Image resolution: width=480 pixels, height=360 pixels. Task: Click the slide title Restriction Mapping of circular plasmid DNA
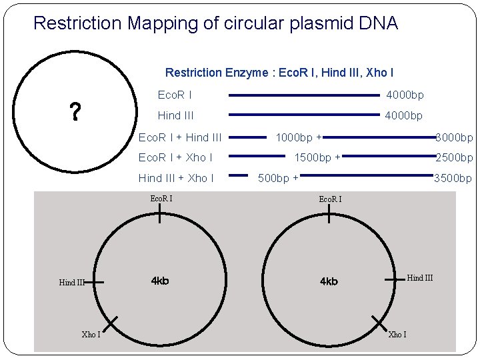pyautogui.click(x=215, y=24)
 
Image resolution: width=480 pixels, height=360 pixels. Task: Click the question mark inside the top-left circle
pyautogui.click(x=76, y=112)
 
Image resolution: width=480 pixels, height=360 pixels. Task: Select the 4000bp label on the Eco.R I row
pyautogui.click(x=405, y=96)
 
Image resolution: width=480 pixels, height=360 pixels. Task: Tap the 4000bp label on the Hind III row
pyautogui.click(x=403, y=116)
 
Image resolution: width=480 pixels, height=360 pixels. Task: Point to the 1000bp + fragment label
pyautogui.click(x=299, y=138)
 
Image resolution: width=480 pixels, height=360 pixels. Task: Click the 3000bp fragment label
pyautogui.click(x=454, y=138)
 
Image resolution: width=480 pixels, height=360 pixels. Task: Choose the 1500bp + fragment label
pyautogui.click(x=317, y=158)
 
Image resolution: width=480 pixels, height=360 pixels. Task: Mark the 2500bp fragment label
pyautogui.click(x=454, y=158)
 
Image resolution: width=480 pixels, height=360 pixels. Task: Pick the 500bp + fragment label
pyautogui.click(x=278, y=178)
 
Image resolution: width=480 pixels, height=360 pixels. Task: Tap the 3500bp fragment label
pyautogui.click(x=453, y=178)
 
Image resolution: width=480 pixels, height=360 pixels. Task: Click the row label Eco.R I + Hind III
pyautogui.click(x=179, y=138)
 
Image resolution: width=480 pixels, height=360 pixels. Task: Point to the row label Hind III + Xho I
pyautogui.click(x=176, y=178)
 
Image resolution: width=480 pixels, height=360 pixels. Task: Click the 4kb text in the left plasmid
pyautogui.click(x=160, y=281)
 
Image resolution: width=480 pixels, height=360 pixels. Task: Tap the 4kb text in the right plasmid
pyautogui.click(x=329, y=281)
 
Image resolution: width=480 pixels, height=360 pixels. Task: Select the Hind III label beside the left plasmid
pyautogui.click(x=72, y=283)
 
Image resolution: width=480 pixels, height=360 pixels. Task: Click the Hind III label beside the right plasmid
pyautogui.click(x=419, y=278)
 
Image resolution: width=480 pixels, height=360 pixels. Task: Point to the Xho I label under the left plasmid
pyautogui.click(x=91, y=334)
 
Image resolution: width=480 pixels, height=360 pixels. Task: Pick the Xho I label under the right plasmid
pyautogui.click(x=397, y=334)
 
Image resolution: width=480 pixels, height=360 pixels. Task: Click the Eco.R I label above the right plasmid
pyautogui.click(x=330, y=199)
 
